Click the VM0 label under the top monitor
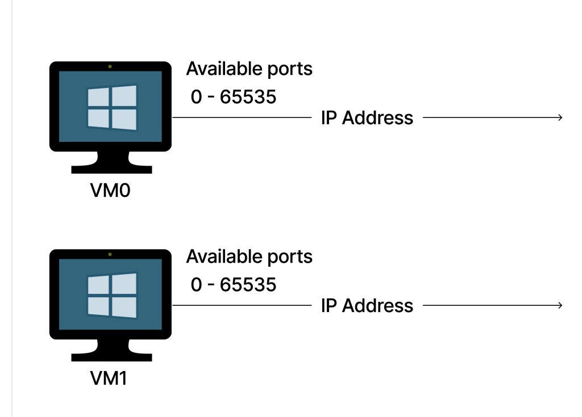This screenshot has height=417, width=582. click(x=110, y=191)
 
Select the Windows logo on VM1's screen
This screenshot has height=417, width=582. click(x=111, y=295)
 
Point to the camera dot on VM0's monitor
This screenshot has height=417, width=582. click(x=110, y=66)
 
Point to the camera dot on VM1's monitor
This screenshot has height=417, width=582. click(x=110, y=254)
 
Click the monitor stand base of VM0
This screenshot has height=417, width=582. click(x=111, y=168)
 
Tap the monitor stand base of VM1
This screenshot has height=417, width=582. click(x=111, y=356)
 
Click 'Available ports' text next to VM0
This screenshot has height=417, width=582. click(x=249, y=69)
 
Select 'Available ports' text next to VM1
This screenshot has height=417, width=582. click(x=249, y=256)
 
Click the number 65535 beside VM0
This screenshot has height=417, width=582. click(x=248, y=97)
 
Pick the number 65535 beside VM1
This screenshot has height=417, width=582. click(x=248, y=284)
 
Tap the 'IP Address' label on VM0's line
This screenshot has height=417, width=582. click(x=367, y=118)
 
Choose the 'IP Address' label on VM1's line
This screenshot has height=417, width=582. click(x=367, y=306)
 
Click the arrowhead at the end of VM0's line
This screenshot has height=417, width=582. click(x=559, y=118)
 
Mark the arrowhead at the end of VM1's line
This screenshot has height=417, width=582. click(x=559, y=306)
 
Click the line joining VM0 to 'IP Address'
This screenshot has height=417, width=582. click(x=242, y=118)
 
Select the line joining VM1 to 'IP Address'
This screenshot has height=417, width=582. click(x=242, y=306)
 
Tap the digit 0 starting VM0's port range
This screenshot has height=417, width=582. click(x=197, y=97)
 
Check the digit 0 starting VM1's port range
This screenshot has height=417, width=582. click(x=197, y=284)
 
